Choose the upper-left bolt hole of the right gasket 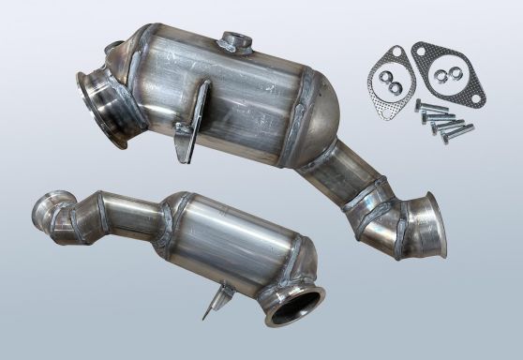coord(420,51)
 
